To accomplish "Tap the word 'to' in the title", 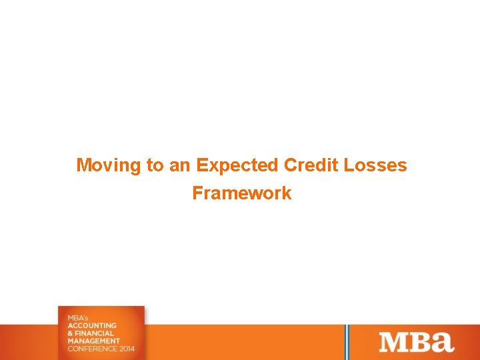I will click(153, 165).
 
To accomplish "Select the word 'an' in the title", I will click(179, 165).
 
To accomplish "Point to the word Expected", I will click(237, 165).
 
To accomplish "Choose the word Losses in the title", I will click(375, 165).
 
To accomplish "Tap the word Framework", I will click(241, 193).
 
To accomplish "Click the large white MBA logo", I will click(416, 342).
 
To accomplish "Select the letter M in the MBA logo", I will click(393, 342).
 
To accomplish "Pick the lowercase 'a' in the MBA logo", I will click(442, 343).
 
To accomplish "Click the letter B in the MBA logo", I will click(419, 342).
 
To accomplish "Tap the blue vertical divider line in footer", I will click(347, 342).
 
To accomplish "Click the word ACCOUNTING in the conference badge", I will click(92, 325).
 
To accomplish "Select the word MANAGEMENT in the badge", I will click(94, 341).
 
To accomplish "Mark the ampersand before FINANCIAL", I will click(70, 333).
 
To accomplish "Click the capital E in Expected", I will click(201, 165).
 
